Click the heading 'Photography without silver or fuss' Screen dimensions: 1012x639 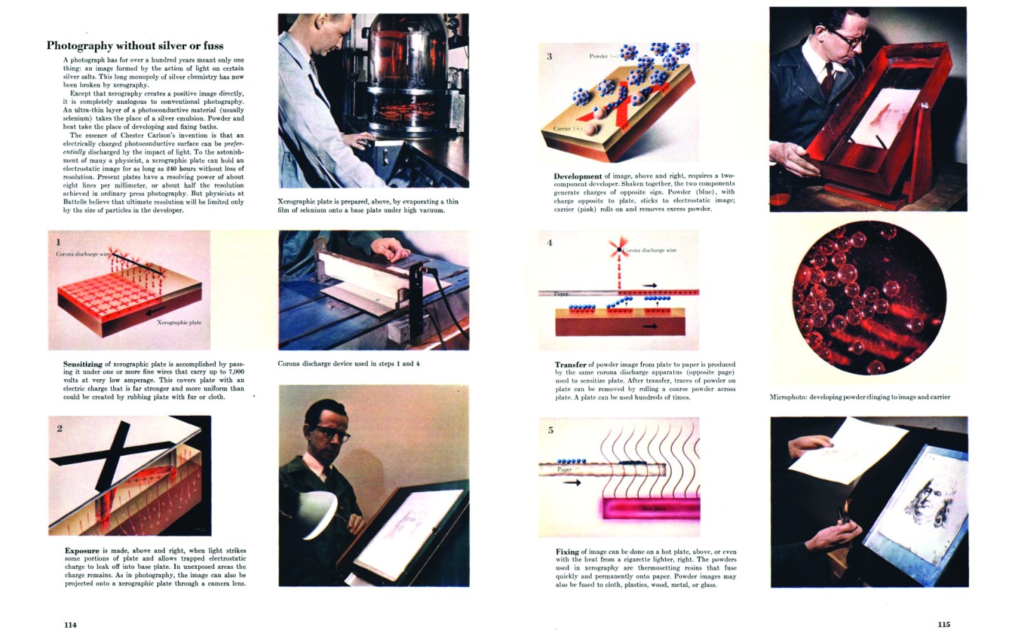click(135, 46)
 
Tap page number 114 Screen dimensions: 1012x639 click(70, 624)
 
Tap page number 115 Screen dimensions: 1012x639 click(944, 624)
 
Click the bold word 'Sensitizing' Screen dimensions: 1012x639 click(83, 364)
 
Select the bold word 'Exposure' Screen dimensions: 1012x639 click(82, 551)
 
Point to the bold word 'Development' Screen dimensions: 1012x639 click(578, 176)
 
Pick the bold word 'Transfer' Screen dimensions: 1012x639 click(571, 364)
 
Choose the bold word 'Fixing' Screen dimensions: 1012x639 click(567, 551)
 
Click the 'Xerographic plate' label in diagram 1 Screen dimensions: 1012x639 click(179, 322)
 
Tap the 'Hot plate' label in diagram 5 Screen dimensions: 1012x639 click(654, 508)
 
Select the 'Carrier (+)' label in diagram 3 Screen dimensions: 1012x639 click(568, 129)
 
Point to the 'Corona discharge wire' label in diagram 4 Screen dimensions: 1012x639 click(650, 250)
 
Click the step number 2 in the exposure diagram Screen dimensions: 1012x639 click(60, 428)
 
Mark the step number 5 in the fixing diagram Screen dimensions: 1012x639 click(550, 430)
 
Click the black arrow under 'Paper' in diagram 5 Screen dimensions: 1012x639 click(572, 483)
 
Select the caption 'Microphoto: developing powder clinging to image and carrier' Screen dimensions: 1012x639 click(859, 397)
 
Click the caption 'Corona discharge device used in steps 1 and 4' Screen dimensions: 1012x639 click(349, 364)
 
